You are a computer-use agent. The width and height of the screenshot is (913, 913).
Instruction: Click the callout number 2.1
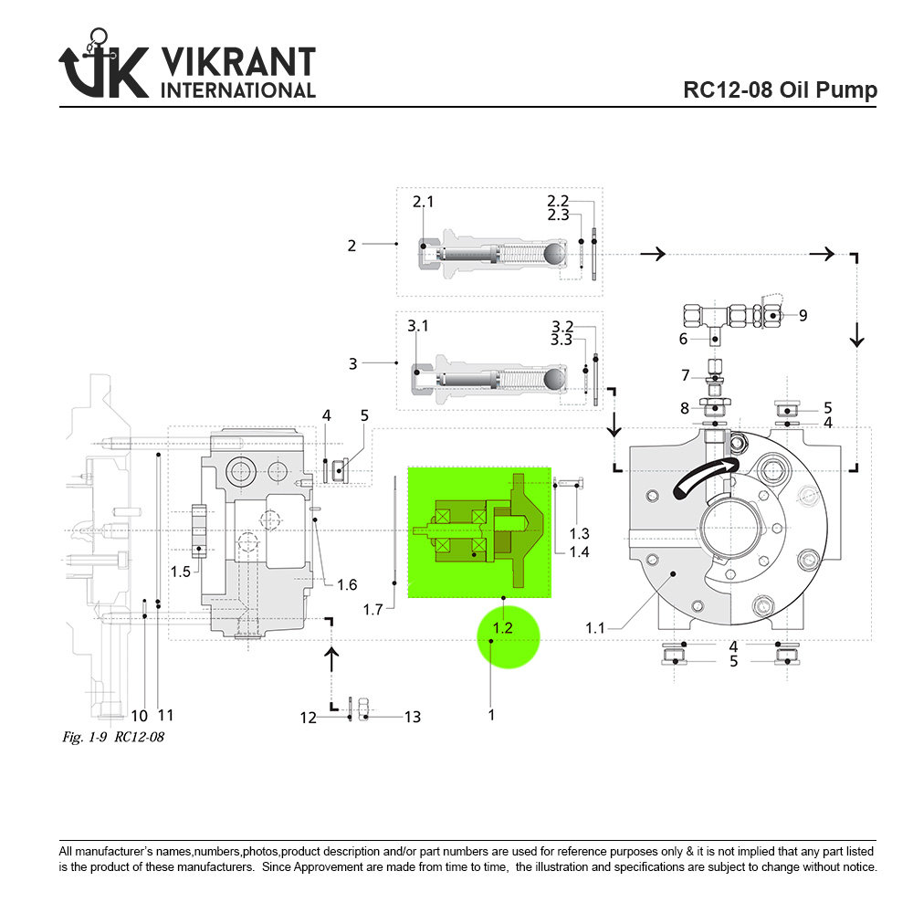click(423, 202)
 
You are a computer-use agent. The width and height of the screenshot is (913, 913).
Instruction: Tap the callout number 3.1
click(417, 326)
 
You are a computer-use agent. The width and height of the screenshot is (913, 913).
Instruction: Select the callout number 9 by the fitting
click(803, 315)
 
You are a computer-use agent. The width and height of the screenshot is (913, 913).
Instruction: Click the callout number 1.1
click(595, 628)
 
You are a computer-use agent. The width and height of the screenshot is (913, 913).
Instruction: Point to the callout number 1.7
click(372, 609)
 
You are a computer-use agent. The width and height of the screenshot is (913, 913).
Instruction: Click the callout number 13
click(413, 718)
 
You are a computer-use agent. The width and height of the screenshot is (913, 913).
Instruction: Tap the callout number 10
click(139, 716)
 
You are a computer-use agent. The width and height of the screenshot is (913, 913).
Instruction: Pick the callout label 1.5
click(181, 572)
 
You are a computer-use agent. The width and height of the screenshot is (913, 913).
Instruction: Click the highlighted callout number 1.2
click(503, 628)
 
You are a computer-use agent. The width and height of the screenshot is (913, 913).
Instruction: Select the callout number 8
click(684, 409)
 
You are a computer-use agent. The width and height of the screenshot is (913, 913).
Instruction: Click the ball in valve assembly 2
click(555, 253)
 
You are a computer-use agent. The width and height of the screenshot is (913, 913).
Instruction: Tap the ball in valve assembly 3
click(555, 377)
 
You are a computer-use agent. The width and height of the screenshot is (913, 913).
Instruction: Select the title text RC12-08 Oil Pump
click(780, 90)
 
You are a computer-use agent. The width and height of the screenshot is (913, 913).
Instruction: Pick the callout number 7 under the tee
click(685, 375)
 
